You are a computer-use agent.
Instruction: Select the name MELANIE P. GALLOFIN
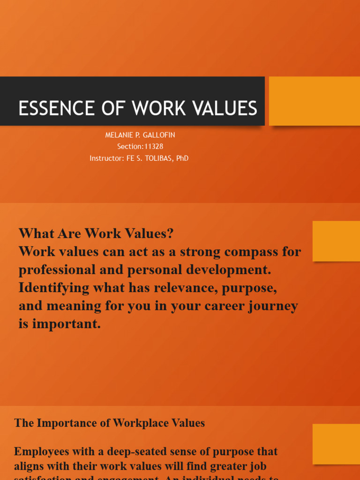pyautogui.click(x=140, y=135)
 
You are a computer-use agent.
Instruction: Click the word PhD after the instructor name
pyautogui.click(x=182, y=158)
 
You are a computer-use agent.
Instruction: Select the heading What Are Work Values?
pyautogui.click(x=96, y=233)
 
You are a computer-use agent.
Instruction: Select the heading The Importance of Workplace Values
pyautogui.click(x=109, y=423)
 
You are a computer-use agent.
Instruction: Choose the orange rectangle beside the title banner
pyautogui.click(x=314, y=101)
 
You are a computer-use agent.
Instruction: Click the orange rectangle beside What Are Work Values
pyautogui.click(x=336, y=241)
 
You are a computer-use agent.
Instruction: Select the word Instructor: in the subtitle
pyautogui.click(x=107, y=158)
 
